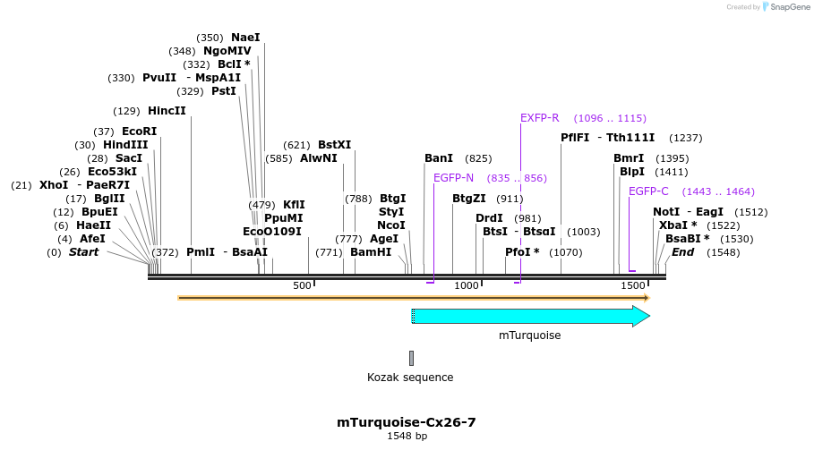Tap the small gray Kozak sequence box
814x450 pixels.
point(412,358)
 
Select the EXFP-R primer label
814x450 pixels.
point(539,118)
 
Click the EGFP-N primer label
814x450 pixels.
point(453,178)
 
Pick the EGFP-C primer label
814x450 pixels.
point(648,191)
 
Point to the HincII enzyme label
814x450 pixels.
point(167,111)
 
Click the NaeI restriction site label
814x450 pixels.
point(245,38)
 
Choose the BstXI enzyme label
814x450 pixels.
point(335,145)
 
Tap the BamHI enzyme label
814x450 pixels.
point(371,252)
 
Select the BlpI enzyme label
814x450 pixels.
point(632,172)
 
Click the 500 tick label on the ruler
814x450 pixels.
point(302,285)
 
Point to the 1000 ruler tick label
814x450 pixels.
point(467,285)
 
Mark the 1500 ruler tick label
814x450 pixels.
point(633,285)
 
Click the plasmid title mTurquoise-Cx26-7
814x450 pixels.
point(407,422)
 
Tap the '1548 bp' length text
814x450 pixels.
point(407,437)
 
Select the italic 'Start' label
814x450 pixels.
point(84,252)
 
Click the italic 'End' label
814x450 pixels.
point(682,252)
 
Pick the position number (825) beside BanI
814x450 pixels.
point(478,158)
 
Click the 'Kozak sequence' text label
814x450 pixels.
point(410,378)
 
